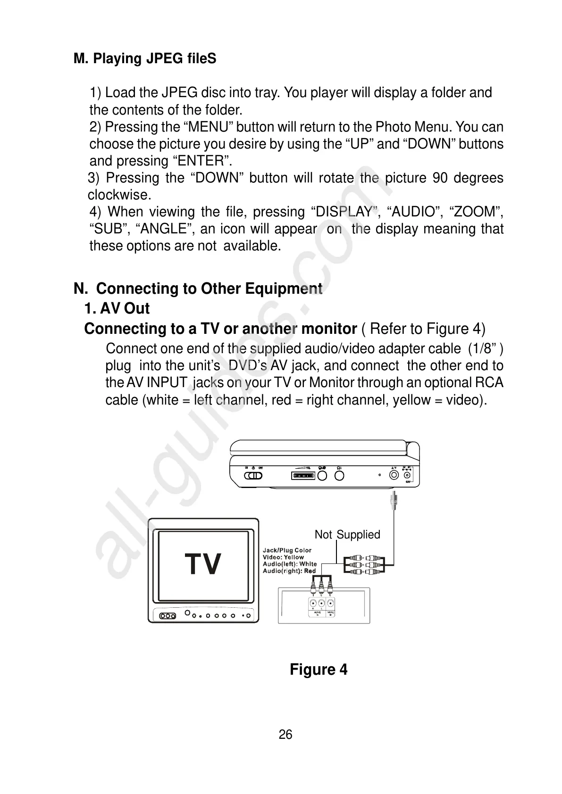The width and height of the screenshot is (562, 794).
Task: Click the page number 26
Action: pos(285,735)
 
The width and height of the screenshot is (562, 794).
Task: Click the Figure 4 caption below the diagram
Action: pos(319,670)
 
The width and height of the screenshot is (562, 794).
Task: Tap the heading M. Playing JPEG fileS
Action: pos(145,59)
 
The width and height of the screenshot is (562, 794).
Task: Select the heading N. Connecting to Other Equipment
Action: pos(198,289)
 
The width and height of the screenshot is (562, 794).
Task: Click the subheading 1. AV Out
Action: pos(117,308)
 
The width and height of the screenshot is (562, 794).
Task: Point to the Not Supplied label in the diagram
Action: pos(347,535)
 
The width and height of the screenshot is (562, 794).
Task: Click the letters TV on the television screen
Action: pos(203,564)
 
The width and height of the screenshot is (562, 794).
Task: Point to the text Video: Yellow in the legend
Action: pos(283,557)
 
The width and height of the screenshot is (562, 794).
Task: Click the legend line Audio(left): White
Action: pos(289,564)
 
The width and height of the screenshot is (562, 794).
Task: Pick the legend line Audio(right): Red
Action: pos(289,571)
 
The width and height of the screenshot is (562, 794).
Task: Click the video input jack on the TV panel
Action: pos(331,604)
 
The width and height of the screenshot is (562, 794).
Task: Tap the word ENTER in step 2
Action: pos(201,161)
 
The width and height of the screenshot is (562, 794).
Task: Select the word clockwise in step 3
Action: pos(119,195)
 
